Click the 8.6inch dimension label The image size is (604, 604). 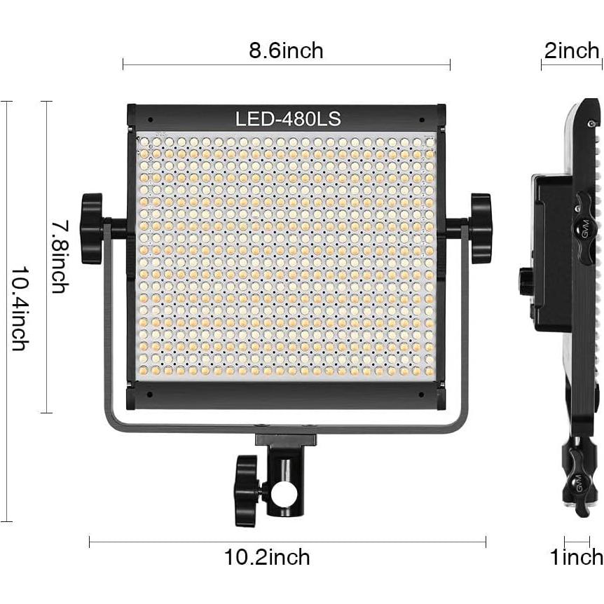pos(286,50)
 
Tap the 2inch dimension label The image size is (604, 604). pos(572,50)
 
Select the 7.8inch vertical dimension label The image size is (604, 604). pos(60,256)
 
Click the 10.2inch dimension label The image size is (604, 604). pos(267,557)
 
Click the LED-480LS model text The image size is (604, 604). pos(288,119)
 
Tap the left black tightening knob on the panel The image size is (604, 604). pos(92,228)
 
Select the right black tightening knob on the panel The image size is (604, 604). pos(481,228)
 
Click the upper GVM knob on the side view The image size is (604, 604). pos(584,224)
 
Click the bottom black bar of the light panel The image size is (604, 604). pos(286,396)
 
